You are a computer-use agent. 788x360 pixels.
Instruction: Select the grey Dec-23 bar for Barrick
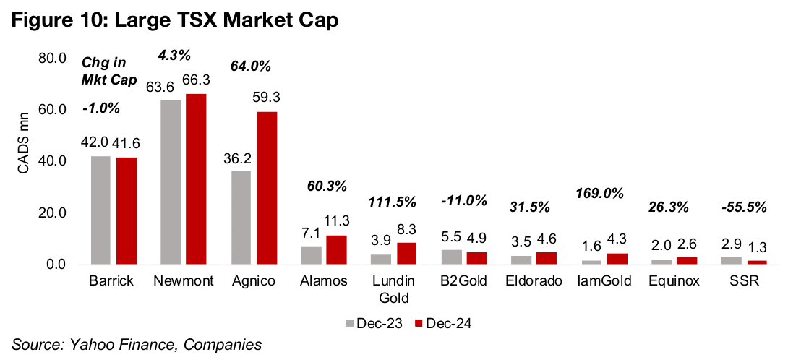[x=100, y=210]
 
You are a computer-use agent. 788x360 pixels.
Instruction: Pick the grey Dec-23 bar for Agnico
[x=241, y=218]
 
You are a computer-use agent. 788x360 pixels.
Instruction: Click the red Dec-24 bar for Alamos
[x=335, y=250]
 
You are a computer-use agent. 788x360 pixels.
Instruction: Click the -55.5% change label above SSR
[x=745, y=207]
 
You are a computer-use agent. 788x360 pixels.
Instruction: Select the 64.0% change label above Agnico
[x=251, y=67]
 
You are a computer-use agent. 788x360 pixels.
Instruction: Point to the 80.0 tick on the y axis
[x=52, y=58]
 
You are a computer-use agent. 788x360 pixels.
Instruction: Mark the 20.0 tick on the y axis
[x=52, y=213]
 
